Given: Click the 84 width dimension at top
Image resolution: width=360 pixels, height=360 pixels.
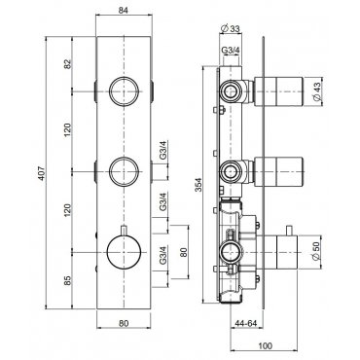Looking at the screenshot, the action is [x=124, y=11].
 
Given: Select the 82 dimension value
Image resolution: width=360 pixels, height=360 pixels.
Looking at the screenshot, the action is [x=67, y=63].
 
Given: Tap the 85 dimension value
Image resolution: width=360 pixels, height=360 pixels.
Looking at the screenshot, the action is [x=67, y=280].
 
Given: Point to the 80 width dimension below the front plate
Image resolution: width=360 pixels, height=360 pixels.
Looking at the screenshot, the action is [x=124, y=323].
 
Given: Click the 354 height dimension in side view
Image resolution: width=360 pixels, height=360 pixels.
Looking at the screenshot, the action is [x=199, y=185].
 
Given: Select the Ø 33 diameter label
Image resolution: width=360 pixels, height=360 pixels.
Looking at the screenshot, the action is [x=230, y=28].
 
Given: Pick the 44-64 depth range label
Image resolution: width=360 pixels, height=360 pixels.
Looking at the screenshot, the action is [x=245, y=323].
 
